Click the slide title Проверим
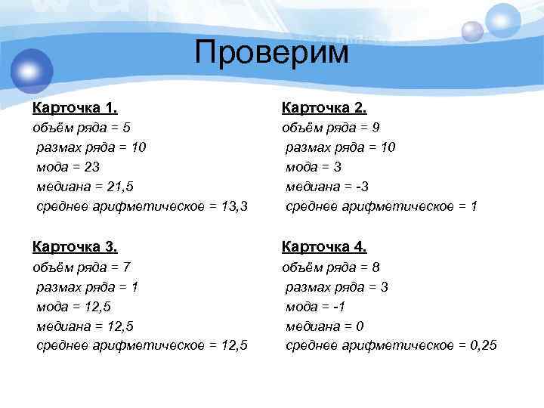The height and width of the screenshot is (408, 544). (x=272, y=53)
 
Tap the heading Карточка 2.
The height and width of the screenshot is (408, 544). (x=324, y=107)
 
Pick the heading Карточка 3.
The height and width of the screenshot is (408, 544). (x=74, y=246)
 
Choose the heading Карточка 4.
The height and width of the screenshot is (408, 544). (x=324, y=246)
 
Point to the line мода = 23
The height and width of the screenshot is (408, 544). (x=68, y=167)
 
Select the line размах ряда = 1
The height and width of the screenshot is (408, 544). (x=87, y=286)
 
